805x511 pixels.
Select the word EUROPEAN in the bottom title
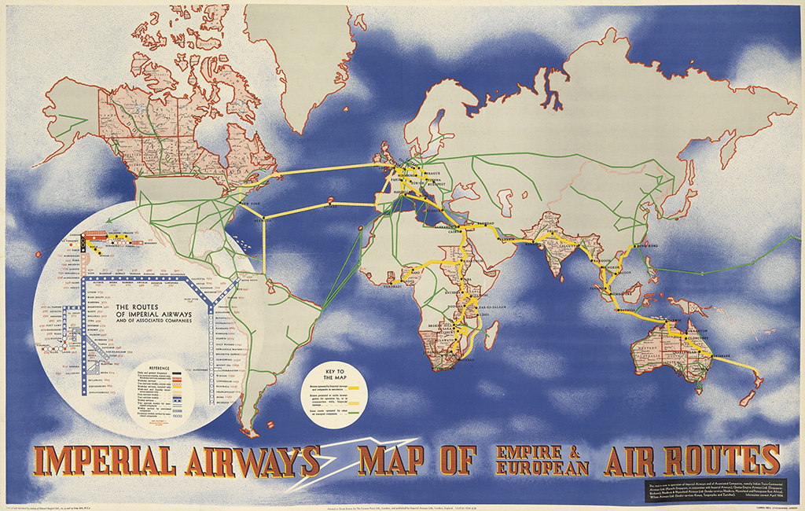[x=542, y=469]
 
